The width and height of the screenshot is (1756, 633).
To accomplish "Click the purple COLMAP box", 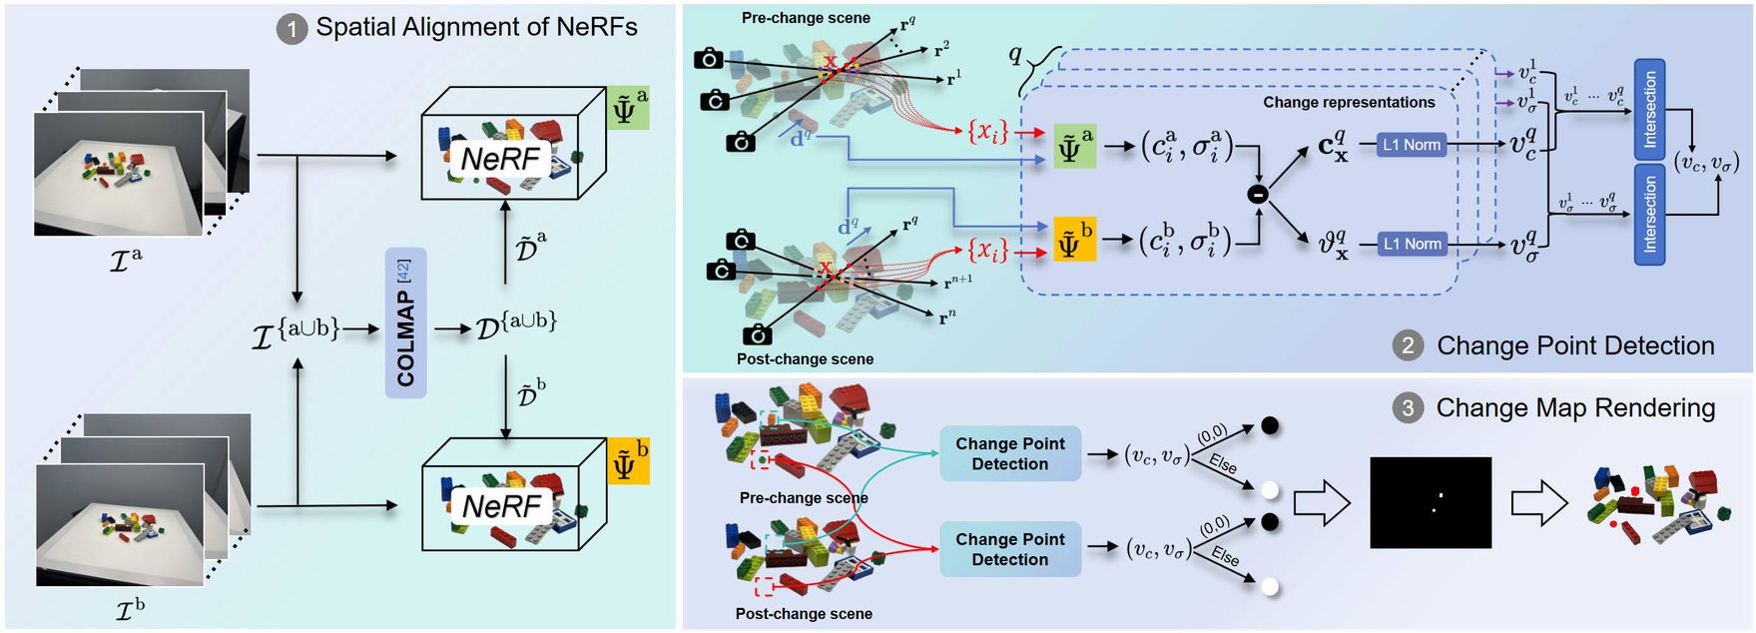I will pos(405,323).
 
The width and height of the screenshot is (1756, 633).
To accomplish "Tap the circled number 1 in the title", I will pos(291,29).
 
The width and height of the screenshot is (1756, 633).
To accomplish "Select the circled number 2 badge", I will pos(1408,346).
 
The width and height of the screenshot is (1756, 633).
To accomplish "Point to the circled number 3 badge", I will pos(1408,408).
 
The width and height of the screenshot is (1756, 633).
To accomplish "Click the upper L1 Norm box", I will pos(1411,145).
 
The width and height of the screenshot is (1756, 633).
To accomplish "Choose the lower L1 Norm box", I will pos(1411,244).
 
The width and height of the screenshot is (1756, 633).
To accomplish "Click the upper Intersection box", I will pos(1649,109).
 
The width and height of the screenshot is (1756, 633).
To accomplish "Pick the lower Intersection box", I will pos(1649,215).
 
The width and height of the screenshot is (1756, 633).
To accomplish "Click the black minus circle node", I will pos(1258,195).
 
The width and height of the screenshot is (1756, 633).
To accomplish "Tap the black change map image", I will pos(1430,502).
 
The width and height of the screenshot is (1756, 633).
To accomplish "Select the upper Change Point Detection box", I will pos(1009,453).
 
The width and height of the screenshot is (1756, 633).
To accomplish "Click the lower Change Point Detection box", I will pos(1009,549).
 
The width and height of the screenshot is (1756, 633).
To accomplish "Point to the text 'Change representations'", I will pos(1348,102).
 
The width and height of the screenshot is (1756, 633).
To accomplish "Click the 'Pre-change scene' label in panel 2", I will pos(805,18).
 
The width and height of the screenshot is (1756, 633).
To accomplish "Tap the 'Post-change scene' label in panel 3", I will pos(803,614).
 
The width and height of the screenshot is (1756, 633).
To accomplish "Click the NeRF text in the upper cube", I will pos(500,159).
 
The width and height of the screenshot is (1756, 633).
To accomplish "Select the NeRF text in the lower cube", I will pos(500,505).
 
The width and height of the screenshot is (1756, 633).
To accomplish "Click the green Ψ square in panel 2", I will pos(1074,146).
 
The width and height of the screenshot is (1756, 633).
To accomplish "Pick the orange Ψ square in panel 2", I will pos(1074,241).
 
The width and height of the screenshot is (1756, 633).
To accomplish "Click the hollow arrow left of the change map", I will pos(1321,502).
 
